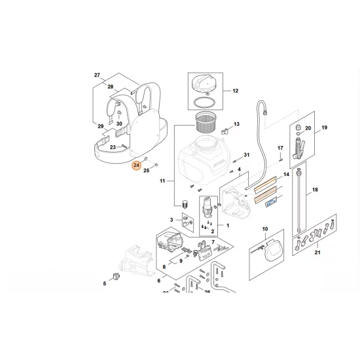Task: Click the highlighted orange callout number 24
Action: [x=135, y=166]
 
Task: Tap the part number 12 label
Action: [x=235, y=91]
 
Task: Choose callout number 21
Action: [x=319, y=253]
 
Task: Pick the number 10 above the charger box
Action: [x=265, y=229]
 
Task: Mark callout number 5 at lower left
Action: [x=104, y=283]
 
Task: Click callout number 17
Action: [x=279, y=147]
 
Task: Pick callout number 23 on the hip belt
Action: [x=113, y=147]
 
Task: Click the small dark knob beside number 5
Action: [x=118, y=275]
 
